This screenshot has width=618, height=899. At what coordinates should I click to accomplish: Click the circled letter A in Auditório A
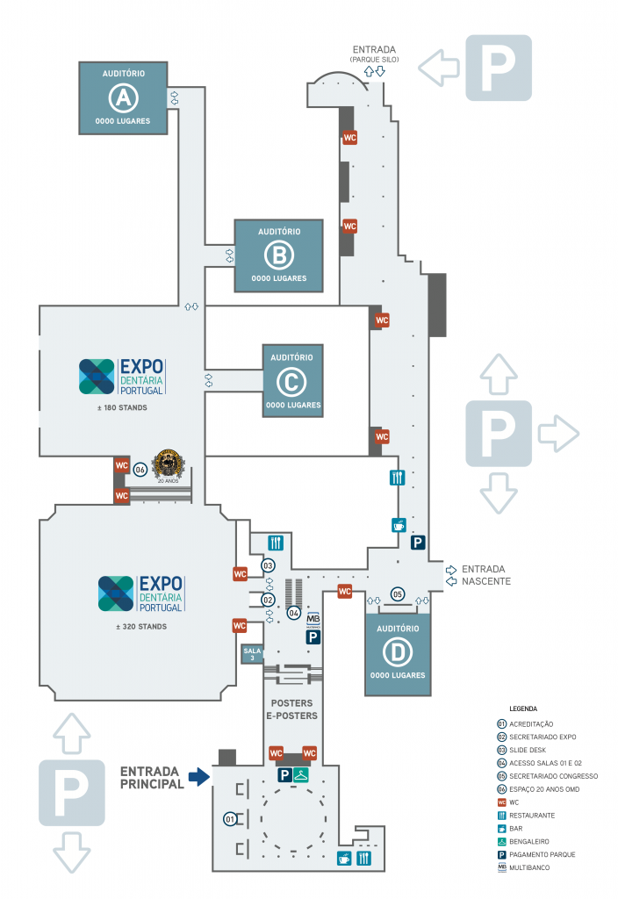point(124,97)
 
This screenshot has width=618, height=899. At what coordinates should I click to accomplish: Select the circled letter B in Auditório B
point(279,255)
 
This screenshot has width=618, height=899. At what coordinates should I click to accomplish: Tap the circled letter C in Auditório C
point(291,381)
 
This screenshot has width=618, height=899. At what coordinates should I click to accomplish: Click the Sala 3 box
point(252,655)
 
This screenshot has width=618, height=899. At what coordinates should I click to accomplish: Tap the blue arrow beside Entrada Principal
point(200,776)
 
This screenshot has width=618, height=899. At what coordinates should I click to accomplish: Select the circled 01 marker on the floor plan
point(231,819)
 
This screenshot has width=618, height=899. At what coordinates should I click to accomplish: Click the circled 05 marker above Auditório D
point(398,594)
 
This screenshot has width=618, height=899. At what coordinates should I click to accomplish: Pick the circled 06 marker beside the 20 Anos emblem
point(140,470)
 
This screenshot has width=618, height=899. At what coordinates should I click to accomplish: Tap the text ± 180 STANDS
point(122,408)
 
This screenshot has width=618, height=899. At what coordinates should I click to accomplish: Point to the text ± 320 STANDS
point(140,627)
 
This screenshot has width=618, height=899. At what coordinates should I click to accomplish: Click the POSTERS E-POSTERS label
point(292,709)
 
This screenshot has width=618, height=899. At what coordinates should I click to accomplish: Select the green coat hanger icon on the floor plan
point(301,775)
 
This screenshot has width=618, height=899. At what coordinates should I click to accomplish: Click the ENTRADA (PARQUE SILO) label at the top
point(375,54)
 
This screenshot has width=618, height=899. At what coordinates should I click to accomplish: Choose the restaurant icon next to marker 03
point(276,543)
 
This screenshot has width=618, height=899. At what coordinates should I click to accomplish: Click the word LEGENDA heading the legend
point(523,708)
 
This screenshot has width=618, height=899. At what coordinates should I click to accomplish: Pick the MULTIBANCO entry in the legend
point(527,867)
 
